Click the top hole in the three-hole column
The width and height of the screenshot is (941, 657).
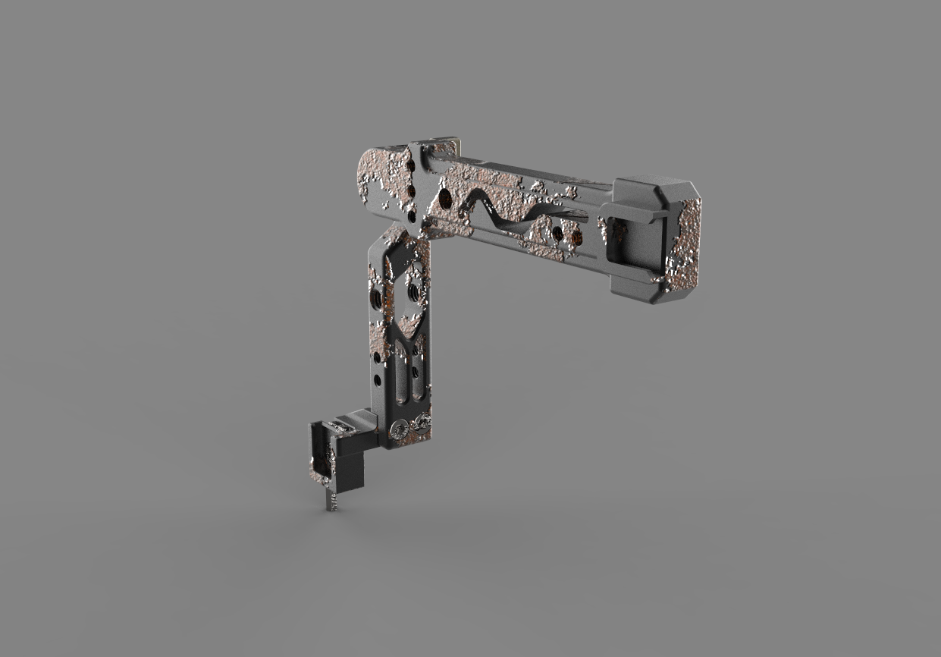pos(410,165)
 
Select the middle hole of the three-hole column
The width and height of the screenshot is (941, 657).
pos(410,190)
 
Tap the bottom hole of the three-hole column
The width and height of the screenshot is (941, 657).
pos(412,215)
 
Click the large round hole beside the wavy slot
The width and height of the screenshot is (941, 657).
pos(445,199)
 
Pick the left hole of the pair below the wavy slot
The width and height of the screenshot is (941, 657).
pos(557,234)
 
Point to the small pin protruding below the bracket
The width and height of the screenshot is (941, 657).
pos(331,501)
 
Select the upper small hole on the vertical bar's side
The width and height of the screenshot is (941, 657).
pos(376,357)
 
